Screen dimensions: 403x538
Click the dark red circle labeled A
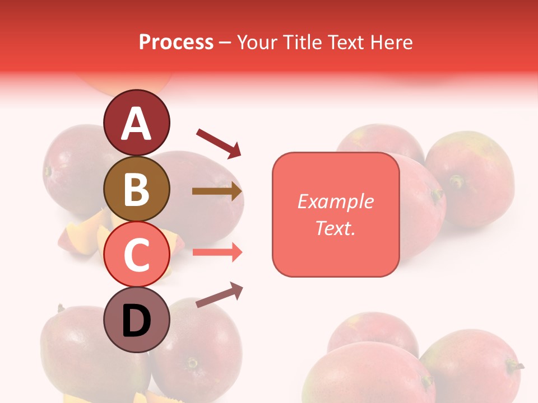tap(137, 123)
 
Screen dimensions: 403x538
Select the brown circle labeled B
tap(137, 189)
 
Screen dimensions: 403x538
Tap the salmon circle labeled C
tap(137, 255)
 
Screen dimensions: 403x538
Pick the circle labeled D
tap(137, 320)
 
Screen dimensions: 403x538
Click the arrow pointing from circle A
tap(218, 142)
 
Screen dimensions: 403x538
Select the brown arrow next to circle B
tap(217, 191)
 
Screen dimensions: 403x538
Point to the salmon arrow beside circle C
tap(217, 252)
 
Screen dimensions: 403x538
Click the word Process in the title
tap(176, 42)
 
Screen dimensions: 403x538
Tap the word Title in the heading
tap(300, 42)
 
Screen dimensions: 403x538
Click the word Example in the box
tap(335, 201)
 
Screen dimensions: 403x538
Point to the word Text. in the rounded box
tap(335, 228)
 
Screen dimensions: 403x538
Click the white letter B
tap(137, 189)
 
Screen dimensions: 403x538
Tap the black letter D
tap(137, 321)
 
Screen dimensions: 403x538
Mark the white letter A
tap(137, 123)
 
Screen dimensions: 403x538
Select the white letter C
tap(137, 255)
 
